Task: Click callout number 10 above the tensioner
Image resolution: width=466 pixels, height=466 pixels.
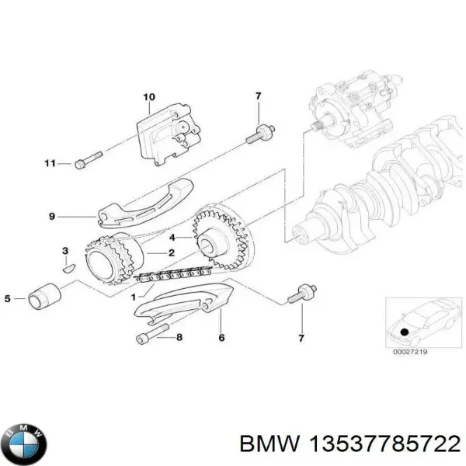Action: tap(149, 96)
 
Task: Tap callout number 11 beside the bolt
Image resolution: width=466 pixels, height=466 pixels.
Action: tap(50, 163)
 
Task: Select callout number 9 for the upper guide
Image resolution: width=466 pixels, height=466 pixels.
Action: tap(51, 217)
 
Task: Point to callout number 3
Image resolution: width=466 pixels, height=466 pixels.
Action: tap(65, 250)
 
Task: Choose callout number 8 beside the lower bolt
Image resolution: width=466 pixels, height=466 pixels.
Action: tap(179, 336)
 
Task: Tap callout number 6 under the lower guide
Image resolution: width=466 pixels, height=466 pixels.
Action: tap(221, 338)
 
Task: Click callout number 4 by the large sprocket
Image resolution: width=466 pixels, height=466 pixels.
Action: tap(173, 236)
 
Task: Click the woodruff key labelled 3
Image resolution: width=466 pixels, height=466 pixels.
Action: tap(68, 268)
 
